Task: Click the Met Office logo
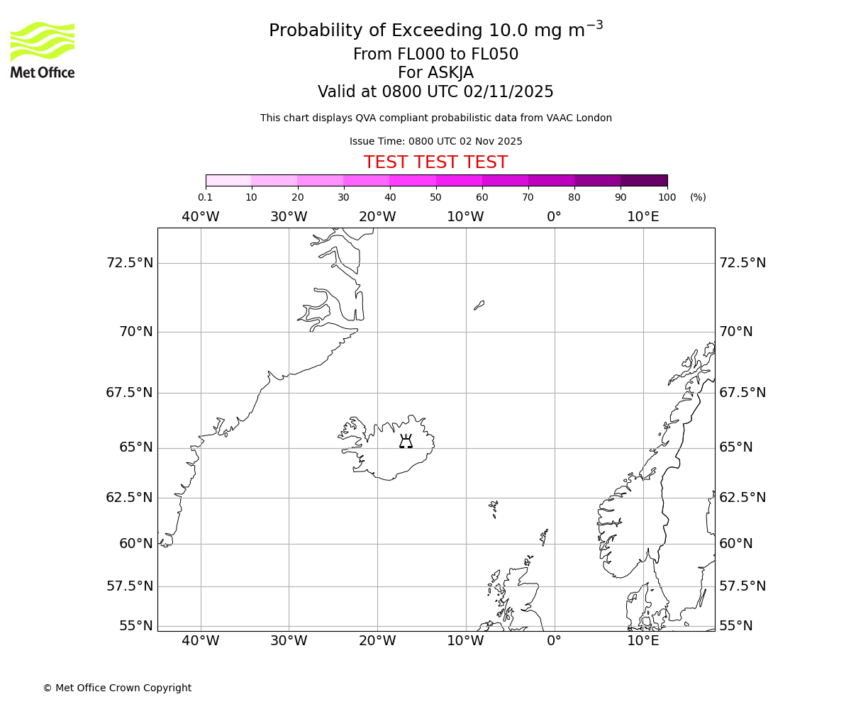click(43, 50)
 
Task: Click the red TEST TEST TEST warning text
click(435, 162)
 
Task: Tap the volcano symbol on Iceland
click(406, 442)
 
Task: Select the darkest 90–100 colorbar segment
click(644, 180)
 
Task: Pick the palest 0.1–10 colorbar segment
click(228, 180)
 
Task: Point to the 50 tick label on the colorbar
click(435, 197)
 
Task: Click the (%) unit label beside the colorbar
click(698, 197)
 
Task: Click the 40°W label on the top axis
click(201, 216)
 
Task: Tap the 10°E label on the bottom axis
click(643, 641)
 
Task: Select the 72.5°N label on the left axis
click(129, 263)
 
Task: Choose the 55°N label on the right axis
click(737, 625)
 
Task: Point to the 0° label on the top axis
click(554, 216)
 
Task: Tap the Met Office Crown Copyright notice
click(117, 688)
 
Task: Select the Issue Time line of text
click(435, 141)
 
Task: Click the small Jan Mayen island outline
click(479, 306)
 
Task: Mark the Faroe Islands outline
click(494, 508)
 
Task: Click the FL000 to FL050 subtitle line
click(435, 55)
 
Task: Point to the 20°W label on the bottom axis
click(377, 641)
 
